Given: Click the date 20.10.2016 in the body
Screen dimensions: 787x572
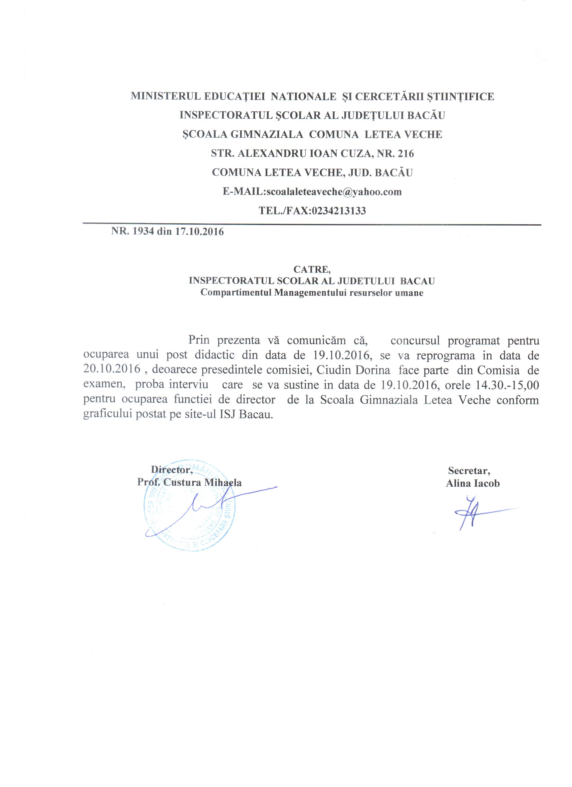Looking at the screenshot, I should (112, 369).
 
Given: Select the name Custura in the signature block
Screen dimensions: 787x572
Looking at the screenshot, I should (184, 482).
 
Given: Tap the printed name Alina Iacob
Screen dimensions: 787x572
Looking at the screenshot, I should (472, 483).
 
